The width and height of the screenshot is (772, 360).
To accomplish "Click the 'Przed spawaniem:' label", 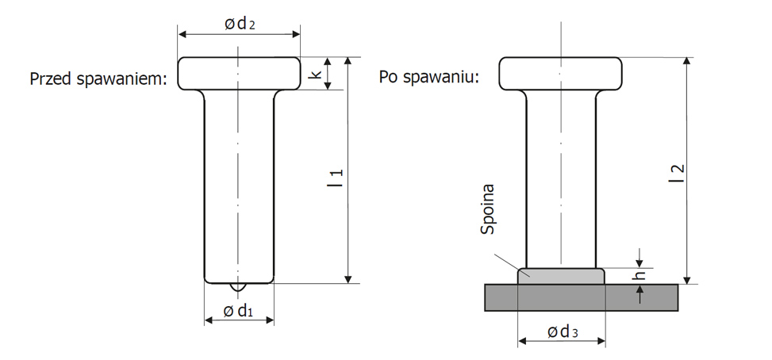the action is point(98,79).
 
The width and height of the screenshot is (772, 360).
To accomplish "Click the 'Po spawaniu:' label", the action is point(428,77).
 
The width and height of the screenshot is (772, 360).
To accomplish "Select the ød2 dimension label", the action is point(240,24).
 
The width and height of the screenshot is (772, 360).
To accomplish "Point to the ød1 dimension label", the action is point(238,311).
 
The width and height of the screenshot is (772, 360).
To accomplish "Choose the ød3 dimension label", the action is point(563,332).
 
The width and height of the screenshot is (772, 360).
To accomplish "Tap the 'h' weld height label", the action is point(640,276).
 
